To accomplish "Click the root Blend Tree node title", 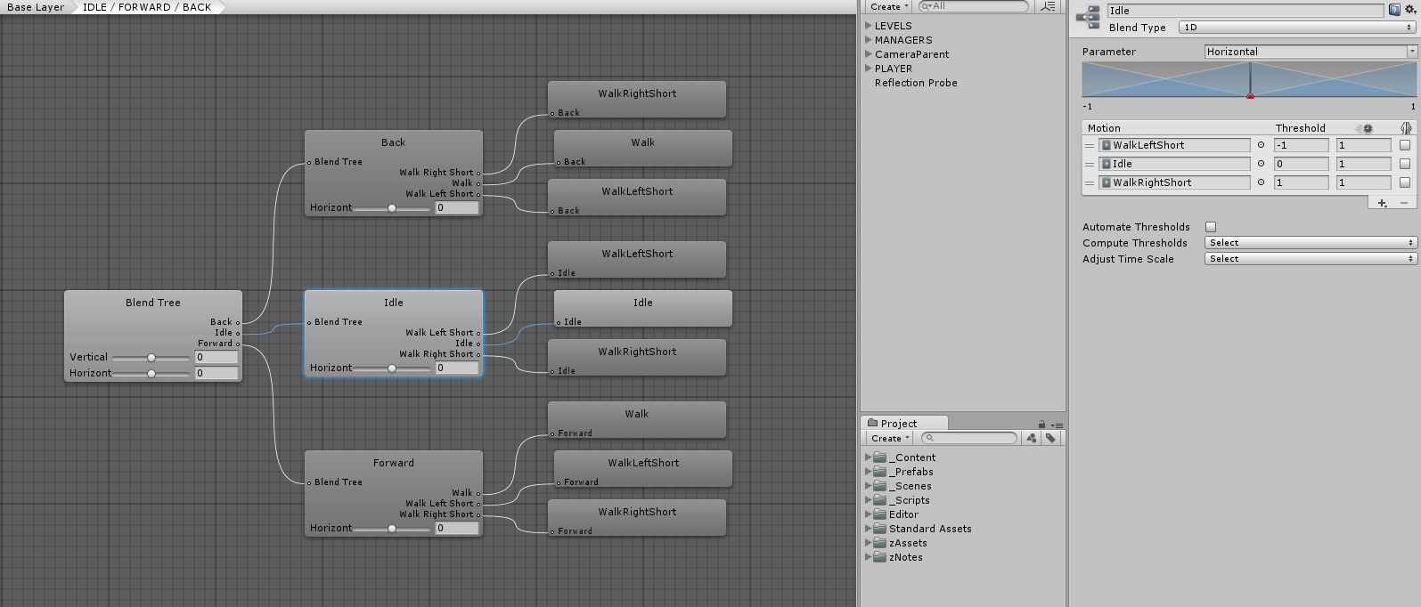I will (153, 303).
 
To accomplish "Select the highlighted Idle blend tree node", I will (394, 303).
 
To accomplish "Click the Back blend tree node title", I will (394, 142).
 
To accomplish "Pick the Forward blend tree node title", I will (394, 463).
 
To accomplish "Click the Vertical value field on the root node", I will (216, 357).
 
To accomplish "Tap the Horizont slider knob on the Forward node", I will (392, 529).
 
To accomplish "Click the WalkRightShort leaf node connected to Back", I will (637, 94).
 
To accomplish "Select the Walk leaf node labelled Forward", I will (637, 415).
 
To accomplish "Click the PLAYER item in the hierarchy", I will (894, 69).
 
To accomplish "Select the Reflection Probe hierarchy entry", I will (916, 83).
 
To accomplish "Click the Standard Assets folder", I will (930, 529).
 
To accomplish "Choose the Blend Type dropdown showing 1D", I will (1297, 28).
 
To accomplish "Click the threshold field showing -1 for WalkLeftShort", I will (1301, 145).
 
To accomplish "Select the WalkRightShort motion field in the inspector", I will (1174, 182).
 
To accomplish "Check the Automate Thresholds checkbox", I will (1211, 227).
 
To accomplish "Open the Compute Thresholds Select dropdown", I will (1310, 243).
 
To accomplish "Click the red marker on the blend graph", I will (1250, 95).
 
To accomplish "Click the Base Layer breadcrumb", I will (36, 7).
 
